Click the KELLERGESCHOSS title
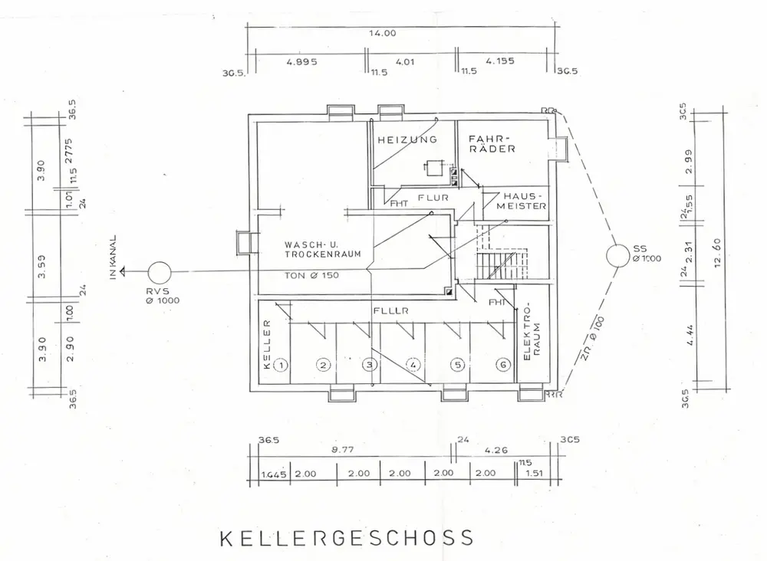click(347, 537)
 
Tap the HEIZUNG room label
click(407, 139)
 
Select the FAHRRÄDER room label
click(492, 144)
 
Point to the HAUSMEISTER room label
click(522, 201)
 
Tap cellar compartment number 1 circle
click(281, 365)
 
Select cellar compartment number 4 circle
click(412, 365)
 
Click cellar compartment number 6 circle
click(503, 365)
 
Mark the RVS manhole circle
click(160, 272)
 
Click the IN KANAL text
click(113, 257)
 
